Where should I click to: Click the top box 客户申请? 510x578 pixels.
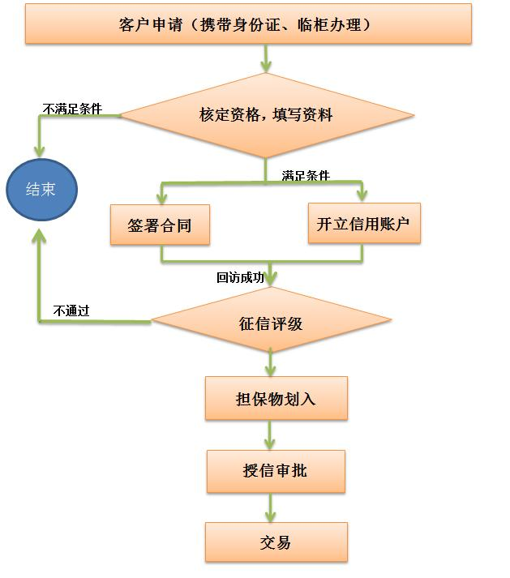click(247, 24)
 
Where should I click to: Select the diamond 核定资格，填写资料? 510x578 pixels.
click(265, 115)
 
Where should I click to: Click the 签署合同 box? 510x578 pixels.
click(160, 225)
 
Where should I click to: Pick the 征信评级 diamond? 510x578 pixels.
click(271, 323)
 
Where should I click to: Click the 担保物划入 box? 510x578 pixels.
click(276, 399)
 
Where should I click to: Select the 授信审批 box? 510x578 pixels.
click(276, 471)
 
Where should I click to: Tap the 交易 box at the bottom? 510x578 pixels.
click(276, 542)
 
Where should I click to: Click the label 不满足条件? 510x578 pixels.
click(72, 109)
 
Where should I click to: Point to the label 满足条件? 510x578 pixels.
click(306, 175)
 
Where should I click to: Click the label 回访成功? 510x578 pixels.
click(240, 277)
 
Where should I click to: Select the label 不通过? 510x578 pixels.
click(71, 310)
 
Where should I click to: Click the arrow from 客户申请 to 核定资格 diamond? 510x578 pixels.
click(266, 58)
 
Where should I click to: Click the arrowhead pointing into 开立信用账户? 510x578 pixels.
click(362, 195)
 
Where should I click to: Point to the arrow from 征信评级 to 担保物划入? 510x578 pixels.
click(271, 364)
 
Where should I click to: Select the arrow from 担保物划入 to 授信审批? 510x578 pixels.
click(271, 436)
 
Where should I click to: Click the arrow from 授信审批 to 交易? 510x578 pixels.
click(271, 507)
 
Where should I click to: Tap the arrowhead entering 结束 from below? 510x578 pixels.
click(38, 235)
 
